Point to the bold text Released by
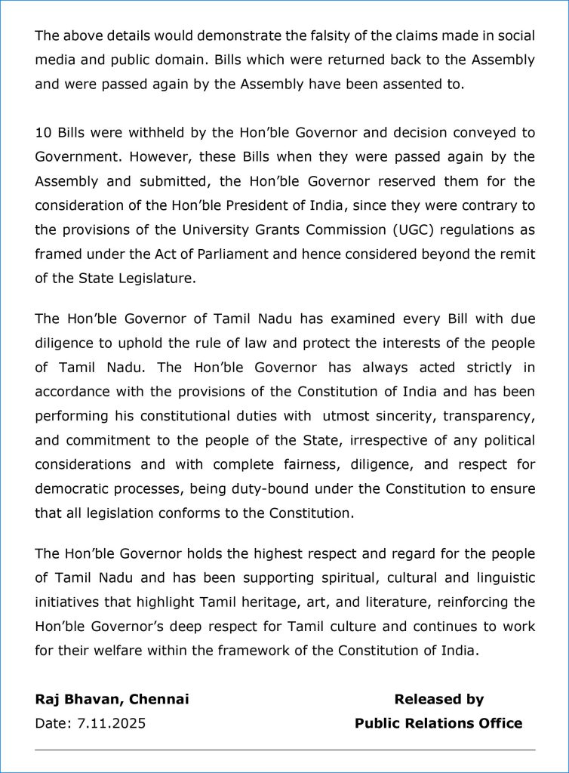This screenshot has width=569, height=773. [x=438, y=699]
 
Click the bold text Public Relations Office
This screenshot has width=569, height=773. [x=438, y=723]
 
